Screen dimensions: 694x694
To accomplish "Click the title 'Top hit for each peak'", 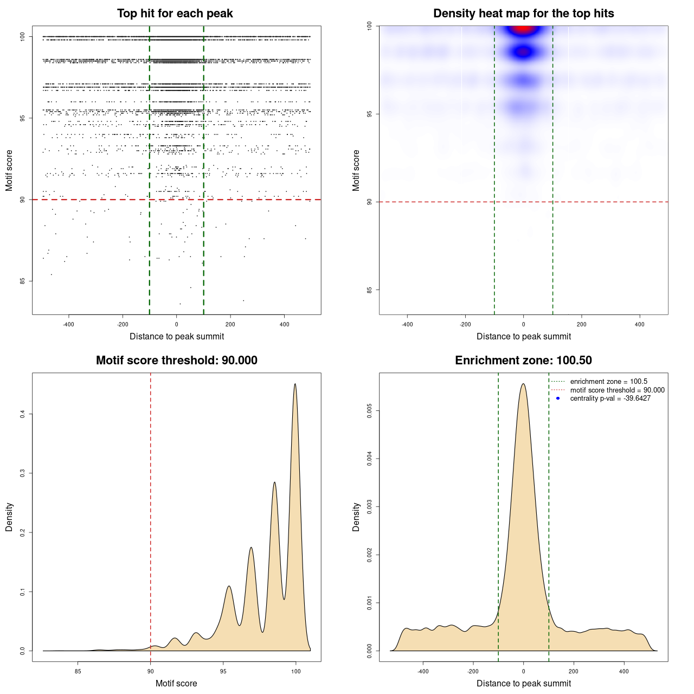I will point(175,14).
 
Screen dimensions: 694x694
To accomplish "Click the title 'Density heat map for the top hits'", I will point(523,14).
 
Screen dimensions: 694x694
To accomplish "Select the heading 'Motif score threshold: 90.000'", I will point(176,361).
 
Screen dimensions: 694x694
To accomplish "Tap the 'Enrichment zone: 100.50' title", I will point(523,361).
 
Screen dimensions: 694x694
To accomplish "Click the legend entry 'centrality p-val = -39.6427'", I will point(610,399).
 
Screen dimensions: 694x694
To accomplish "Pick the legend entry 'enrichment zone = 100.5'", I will point(608,382).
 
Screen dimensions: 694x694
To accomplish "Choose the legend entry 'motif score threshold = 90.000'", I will point(617,390).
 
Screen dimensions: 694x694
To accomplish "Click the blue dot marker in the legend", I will point(558,399).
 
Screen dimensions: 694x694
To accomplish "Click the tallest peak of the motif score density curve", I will point(295,384).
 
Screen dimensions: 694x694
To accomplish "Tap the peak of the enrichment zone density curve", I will point(523,384).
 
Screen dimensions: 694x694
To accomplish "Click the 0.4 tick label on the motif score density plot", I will point(23,414).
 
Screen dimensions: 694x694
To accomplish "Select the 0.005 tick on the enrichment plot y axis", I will point(370,411).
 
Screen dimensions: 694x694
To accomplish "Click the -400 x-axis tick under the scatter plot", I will point(68,324).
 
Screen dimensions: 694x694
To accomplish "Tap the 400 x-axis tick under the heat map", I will point(640,324).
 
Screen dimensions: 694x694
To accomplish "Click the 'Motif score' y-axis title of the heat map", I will point(356,170).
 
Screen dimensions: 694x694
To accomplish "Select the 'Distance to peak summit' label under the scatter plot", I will point(177,337).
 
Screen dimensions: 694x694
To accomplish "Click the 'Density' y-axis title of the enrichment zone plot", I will point(356,517).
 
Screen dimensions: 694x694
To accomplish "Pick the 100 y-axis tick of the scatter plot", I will point(23,37).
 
